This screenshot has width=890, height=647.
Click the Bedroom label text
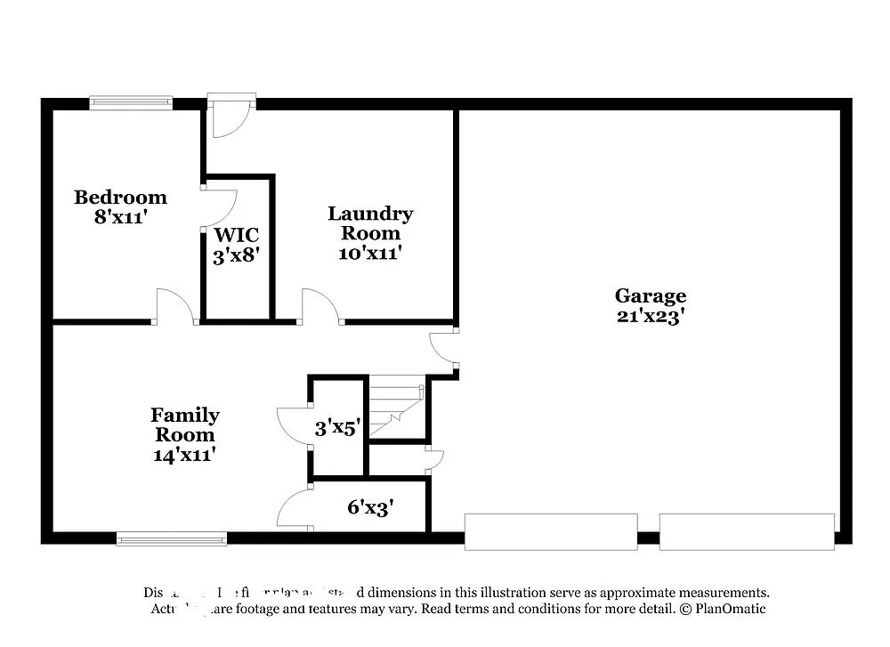pos(120,197)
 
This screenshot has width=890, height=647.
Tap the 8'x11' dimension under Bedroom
pos(120,215)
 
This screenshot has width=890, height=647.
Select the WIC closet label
pos(237,235)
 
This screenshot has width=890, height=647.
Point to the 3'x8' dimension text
pos(237,255)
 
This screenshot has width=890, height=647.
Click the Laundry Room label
pos(370,222)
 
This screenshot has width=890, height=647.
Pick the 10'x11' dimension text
pos(370,253)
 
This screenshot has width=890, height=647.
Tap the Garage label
pos(650,295)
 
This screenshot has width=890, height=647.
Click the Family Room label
pos(185,425)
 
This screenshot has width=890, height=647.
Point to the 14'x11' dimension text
pos(185,454)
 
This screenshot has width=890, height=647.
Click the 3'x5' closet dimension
pos(337,428)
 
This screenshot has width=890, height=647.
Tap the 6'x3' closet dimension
pos(370,508)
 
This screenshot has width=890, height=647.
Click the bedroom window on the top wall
pos(131,103)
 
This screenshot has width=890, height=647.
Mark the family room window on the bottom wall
pos(172,538)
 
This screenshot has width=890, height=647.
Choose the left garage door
pos(551,531)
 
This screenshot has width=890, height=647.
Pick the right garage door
pos(747,531)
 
